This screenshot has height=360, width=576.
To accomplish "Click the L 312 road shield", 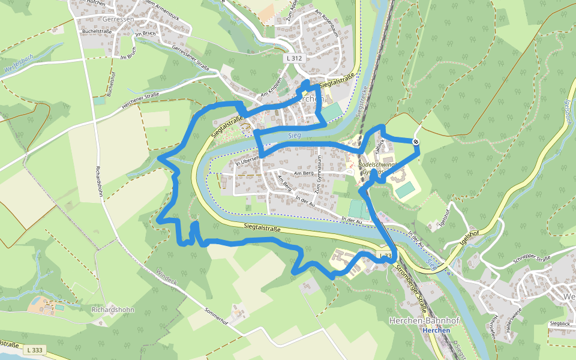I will tap(295, 58).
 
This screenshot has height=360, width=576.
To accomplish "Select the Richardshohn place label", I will tap(113, 310).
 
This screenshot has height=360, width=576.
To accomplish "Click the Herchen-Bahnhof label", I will tap(424, 321).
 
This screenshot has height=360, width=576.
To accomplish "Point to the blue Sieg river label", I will tap(293, 136).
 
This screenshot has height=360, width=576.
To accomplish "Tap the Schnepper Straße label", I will tap(530, 259).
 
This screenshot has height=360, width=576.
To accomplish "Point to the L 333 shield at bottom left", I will tap(35, 349).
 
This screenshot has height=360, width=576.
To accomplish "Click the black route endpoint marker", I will tap(415, 142).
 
